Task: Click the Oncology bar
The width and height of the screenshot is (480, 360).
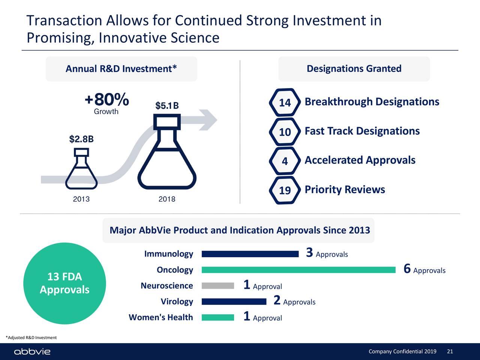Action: pos(298,270)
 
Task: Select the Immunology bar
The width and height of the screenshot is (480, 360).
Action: pos(250,254)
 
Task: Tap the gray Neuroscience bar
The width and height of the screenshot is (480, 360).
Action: pos(218,286)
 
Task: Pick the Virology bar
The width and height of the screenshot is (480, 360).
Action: pos(234,301)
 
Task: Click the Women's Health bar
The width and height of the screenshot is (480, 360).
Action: pos(218,318)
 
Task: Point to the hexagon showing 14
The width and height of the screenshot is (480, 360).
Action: pos(285,102)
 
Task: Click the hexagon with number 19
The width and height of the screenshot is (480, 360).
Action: pos(285,190)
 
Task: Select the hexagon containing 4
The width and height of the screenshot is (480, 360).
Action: pos(285,161)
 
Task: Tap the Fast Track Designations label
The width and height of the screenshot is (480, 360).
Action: pos(362,131)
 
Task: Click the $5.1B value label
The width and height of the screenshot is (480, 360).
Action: pos(167,106)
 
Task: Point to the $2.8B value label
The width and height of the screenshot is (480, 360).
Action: pos(81,139)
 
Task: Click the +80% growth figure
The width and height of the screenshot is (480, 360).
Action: pos(107,100)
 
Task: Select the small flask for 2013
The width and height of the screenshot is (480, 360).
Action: pos(81,171)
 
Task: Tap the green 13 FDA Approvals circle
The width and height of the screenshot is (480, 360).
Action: pos(64,283)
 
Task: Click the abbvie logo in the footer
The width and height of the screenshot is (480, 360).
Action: pos(32,352)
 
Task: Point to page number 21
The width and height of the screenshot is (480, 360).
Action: pos(450,351)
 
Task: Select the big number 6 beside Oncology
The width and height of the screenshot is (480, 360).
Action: pos(407,269)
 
